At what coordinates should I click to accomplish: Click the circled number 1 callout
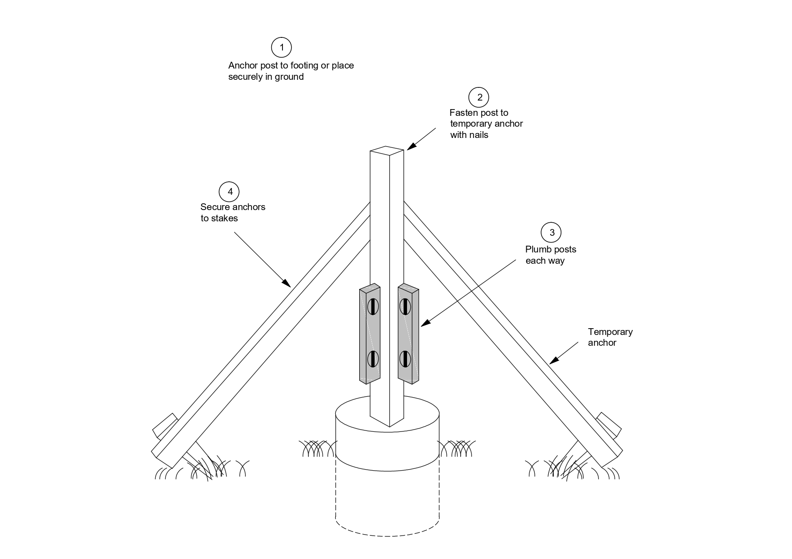click(281, 47)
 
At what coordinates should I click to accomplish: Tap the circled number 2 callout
click(479, 97)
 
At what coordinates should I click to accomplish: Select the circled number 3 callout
click(551, 233)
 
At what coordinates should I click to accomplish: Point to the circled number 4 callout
click(230, 192)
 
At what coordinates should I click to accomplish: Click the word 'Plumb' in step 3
click(538, 249)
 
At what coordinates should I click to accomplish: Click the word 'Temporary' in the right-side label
click(610, 332)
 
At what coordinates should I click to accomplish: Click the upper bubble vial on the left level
click(373, 307)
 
